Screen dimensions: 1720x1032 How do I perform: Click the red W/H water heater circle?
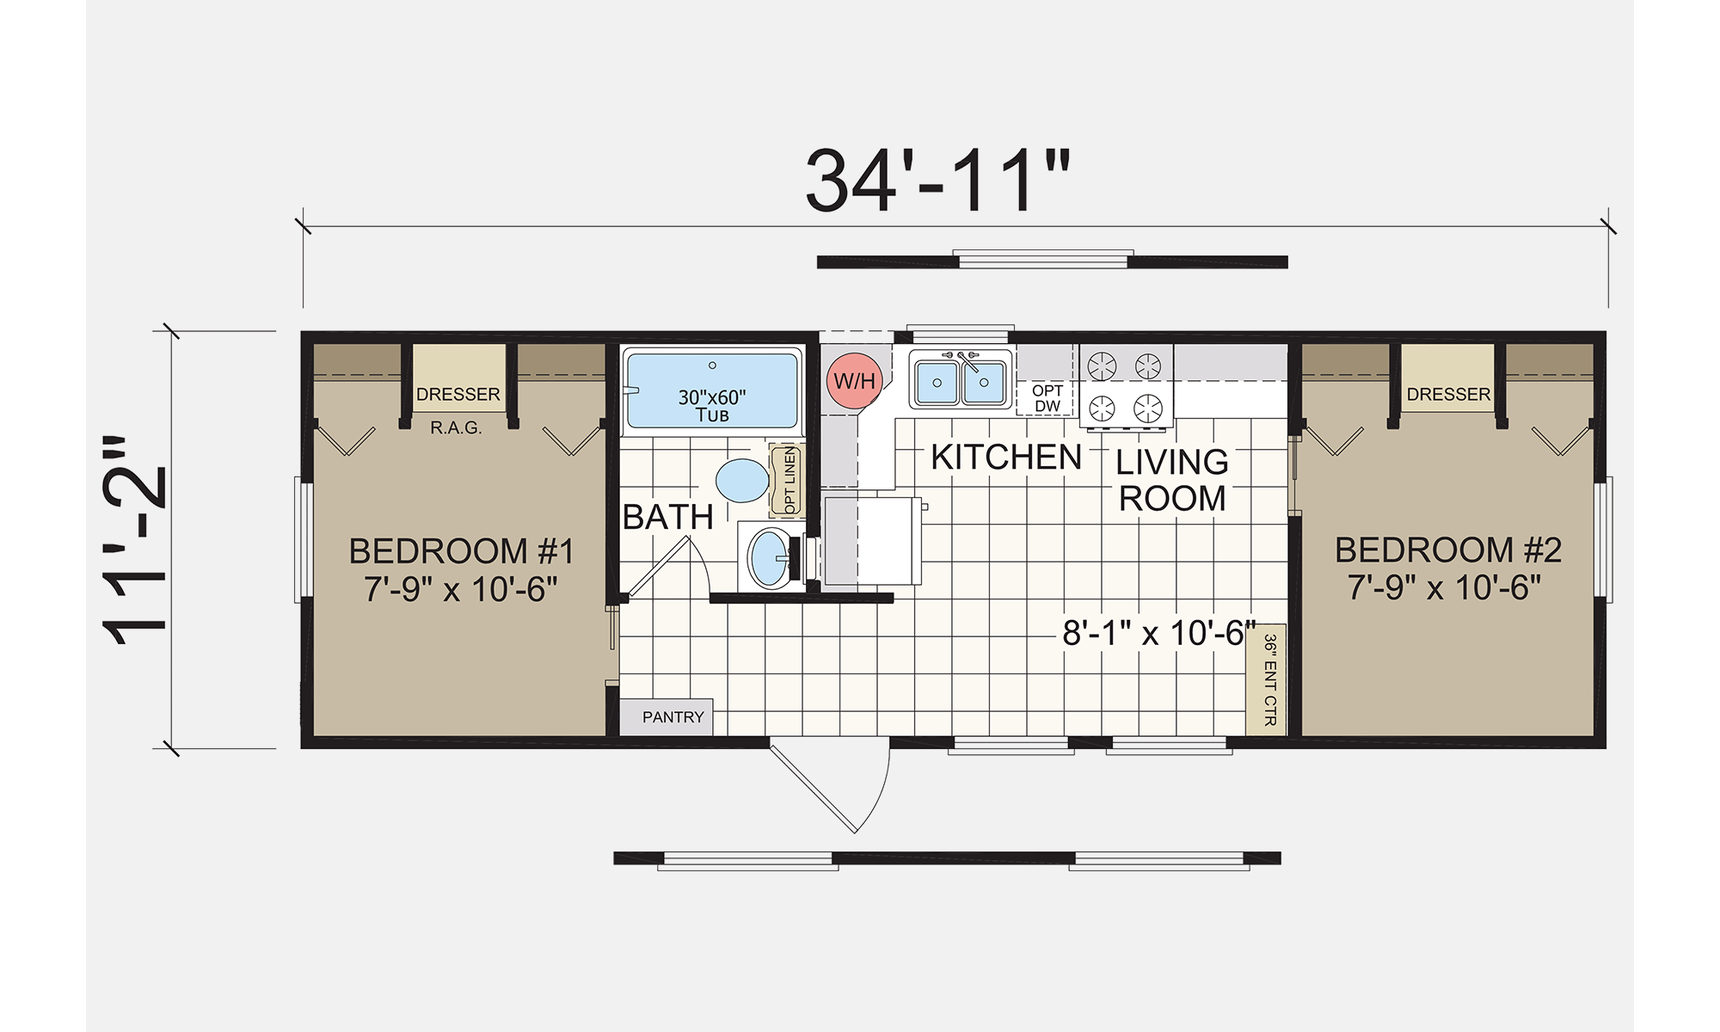click(854, 380)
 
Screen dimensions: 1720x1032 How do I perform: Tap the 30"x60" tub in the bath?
click(712, 390)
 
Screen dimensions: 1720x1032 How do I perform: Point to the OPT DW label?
click(1047, 398)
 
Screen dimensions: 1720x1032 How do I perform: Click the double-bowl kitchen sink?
click(961, 380)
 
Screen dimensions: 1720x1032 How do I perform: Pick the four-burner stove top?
click(1126, 387)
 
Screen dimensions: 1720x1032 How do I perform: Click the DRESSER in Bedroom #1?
click(458, 378)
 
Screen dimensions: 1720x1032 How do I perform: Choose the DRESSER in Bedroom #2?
click(1448, 378)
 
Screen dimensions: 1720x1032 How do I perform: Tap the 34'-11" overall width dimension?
click(937, 181)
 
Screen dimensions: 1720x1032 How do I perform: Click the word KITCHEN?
click(1006, 458)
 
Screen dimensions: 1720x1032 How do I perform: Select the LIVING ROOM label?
click(1172, 480)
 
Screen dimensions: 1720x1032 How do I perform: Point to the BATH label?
click(668, 517)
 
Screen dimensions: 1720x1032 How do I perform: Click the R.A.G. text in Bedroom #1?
click(456, 427)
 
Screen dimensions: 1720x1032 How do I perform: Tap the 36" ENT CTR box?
click(1266, 679)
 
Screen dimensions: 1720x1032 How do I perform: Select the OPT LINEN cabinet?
click(787, 480)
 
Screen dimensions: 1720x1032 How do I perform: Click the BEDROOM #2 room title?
click(1448, 550)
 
